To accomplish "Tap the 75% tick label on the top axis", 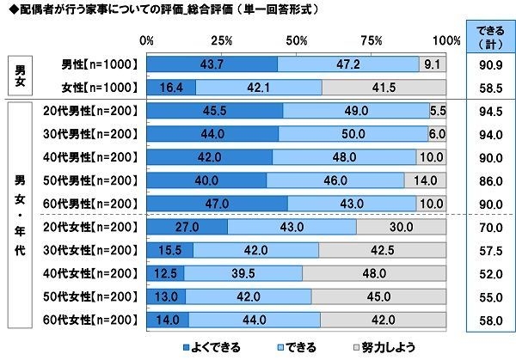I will point(372,40).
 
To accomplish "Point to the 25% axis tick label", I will point(221,40).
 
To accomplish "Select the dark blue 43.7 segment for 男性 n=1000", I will point(212,64).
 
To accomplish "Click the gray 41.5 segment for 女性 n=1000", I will point(384,87).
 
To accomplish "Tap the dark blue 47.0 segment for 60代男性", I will point(217,203).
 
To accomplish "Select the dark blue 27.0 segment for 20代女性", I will point(187,226).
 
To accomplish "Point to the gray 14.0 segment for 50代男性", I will point(426,180).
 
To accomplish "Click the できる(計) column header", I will point(489,39).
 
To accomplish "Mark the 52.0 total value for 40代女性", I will point(489,272).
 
